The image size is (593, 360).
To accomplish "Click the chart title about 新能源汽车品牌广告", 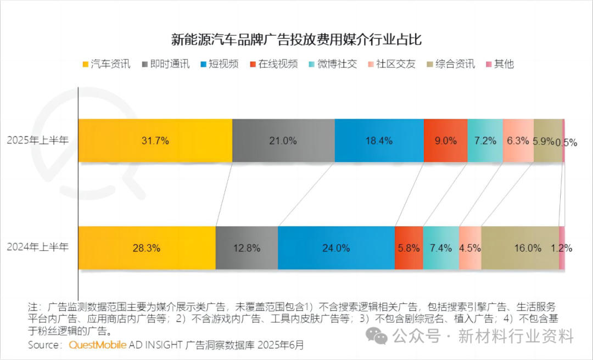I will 296,40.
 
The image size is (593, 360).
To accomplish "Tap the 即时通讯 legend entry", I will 165,64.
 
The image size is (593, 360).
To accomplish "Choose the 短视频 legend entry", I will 220,64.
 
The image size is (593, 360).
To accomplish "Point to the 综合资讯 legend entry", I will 451,64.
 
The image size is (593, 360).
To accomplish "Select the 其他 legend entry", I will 500,64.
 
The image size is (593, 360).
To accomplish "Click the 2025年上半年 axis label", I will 38,140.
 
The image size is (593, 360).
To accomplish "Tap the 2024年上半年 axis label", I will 38,247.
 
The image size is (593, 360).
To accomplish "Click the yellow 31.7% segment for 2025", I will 155,140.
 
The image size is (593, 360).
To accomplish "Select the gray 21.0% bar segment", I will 283,140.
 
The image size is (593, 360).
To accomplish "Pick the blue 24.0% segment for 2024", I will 336,248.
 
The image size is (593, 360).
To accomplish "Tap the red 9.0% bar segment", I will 445,140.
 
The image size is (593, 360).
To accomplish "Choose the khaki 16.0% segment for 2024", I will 520,248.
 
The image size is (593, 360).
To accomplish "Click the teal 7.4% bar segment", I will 441,248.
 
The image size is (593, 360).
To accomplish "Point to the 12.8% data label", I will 247,248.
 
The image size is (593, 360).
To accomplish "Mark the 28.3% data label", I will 147,248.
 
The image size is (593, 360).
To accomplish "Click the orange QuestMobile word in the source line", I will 97,345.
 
